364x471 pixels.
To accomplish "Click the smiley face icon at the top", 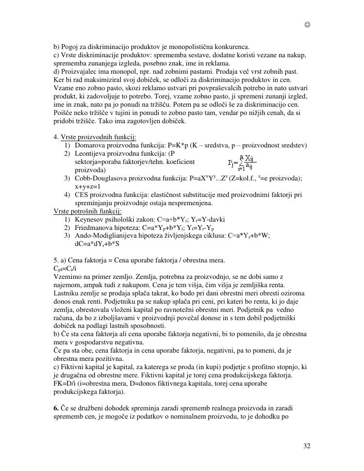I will coord(307,24).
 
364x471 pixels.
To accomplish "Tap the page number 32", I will coord(307,446).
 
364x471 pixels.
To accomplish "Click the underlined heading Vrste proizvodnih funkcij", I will coord(99,137).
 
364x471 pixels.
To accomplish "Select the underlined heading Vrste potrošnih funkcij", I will coord(87,211).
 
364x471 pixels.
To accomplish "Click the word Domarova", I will coord(89,146).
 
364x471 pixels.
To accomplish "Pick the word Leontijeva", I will coord(90,154).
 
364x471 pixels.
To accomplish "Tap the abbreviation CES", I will coord(81,195).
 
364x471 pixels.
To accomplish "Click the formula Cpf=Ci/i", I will coord(65,268).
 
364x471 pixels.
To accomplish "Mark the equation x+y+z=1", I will coord(88,186).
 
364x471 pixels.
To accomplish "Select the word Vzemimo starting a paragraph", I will coord(66,276).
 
